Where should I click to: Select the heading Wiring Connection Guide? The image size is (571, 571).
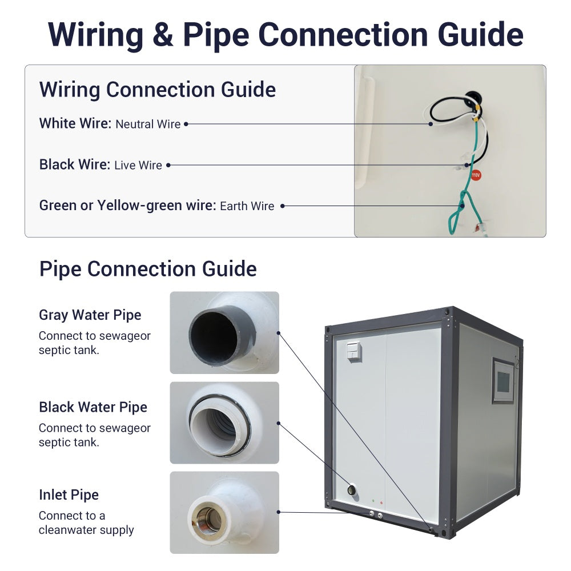click(x=158, y=90)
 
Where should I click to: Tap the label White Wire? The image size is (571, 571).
click(x=75, y=123)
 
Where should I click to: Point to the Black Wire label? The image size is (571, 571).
click(x=74, y=164)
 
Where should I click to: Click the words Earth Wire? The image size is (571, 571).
click(x=247, y=206)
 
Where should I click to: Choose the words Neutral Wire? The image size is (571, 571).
click(x=148, y=124)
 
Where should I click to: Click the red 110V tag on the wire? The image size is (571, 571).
click(x=476, y=175)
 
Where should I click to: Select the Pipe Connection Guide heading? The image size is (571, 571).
click(x=148, y=269)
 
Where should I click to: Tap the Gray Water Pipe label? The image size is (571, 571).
click(x=90, y=315)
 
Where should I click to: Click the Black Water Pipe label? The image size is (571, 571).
click(x=93, y=407)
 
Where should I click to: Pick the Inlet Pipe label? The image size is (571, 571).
click(x=69, y=494)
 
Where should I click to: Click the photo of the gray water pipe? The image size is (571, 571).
click(x=224, y=333)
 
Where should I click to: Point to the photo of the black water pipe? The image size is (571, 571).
click(x=224, y=423)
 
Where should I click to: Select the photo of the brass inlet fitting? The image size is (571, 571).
click(x=224, y=513)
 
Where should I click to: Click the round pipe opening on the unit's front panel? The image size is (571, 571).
click(x=352, y=490)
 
